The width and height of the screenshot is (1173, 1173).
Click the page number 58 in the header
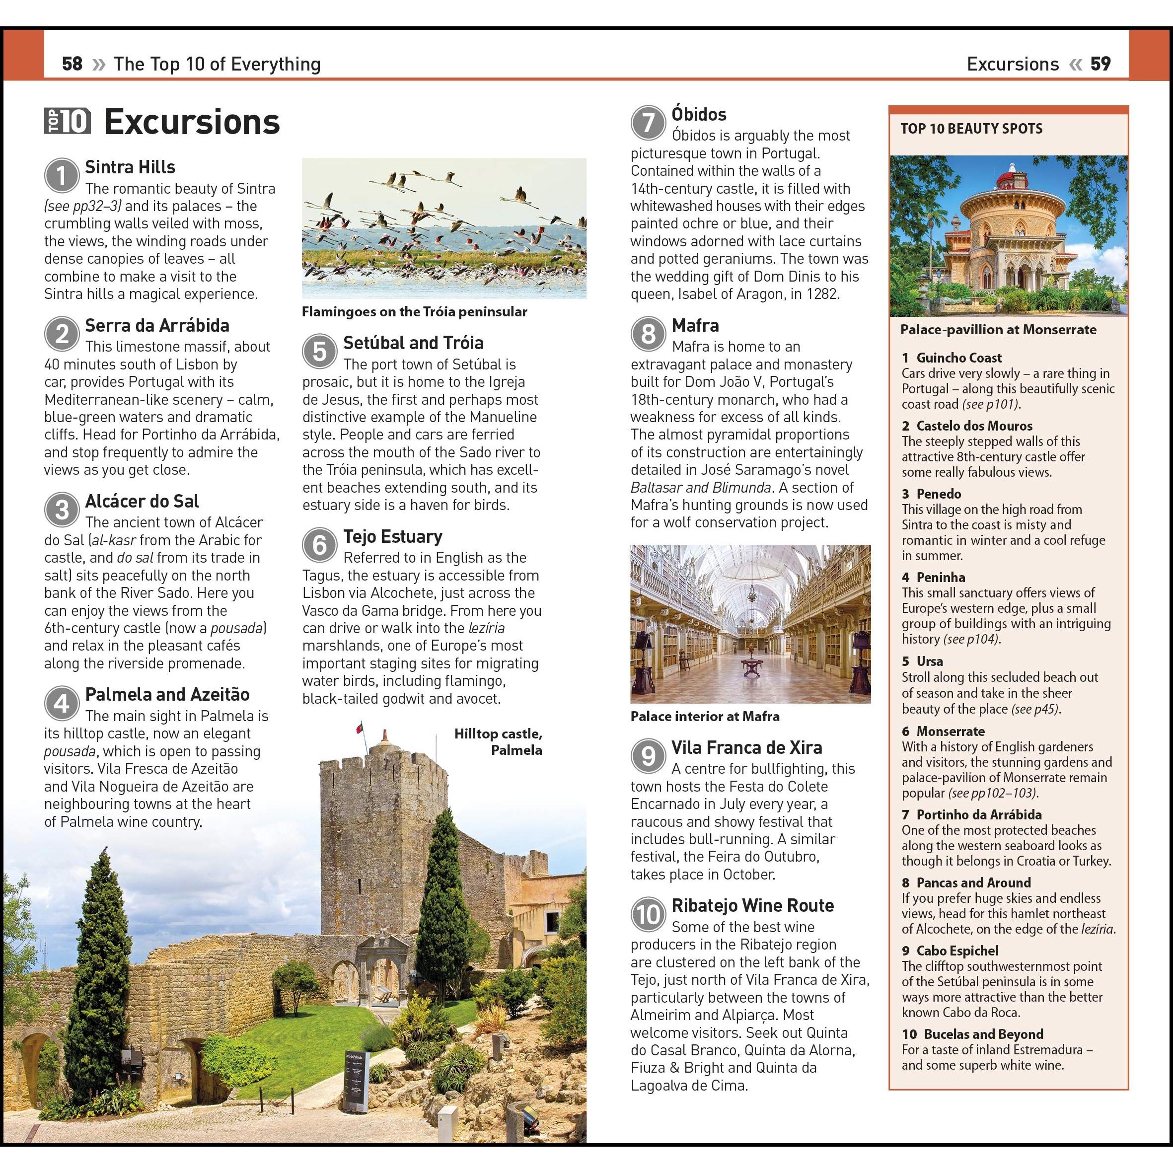pos(72,64)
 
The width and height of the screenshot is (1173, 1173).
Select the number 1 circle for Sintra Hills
pos(61,175)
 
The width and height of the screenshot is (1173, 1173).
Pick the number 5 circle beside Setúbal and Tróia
pos(319,351)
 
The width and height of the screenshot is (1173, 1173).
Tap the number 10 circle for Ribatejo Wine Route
pos(648,914)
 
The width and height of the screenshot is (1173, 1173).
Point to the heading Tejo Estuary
pos(392,536)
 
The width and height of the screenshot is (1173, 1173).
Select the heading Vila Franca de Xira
pos(746,747)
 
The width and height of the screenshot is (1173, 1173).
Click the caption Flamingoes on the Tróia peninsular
pos(414,312)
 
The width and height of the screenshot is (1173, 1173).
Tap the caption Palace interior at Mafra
pos(704,717)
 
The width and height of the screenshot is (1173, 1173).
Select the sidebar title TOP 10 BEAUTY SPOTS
pos(971,129)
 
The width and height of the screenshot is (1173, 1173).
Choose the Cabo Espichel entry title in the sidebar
pos(957,951)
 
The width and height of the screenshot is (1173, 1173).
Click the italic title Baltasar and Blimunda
pos(701,488)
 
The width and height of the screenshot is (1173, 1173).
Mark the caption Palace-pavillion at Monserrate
pos(998,330)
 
